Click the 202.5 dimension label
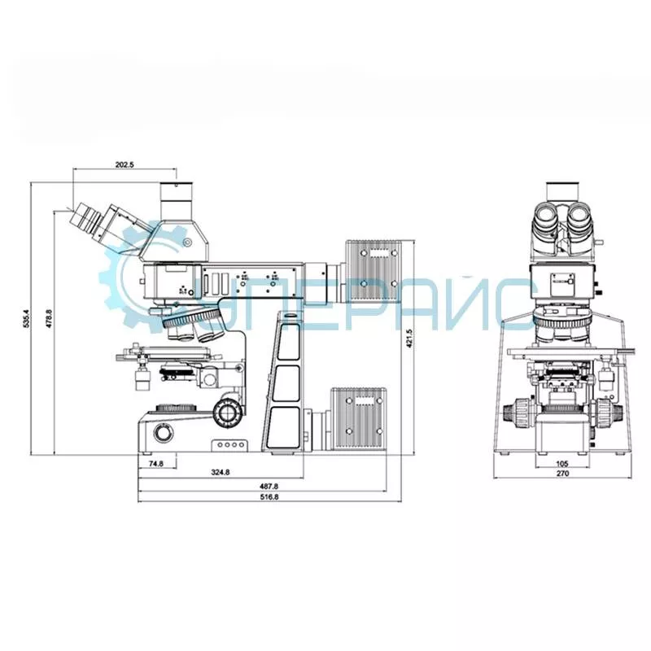click(125, 164)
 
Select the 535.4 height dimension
click(26, 318)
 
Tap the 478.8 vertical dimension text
click(49, 319)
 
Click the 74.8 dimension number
click(155, 464)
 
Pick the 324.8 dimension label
click(221, 472)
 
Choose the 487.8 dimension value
click(269, 486)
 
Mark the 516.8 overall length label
click(269, 496)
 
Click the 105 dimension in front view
click(561, 464)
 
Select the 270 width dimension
click(562, 473)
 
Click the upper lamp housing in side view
click(374, 272)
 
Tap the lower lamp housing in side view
click(359, 418)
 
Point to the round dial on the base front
click(163, 434)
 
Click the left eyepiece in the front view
click(545, 219)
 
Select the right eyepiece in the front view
click(580, 219)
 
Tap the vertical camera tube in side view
click(177, 201)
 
